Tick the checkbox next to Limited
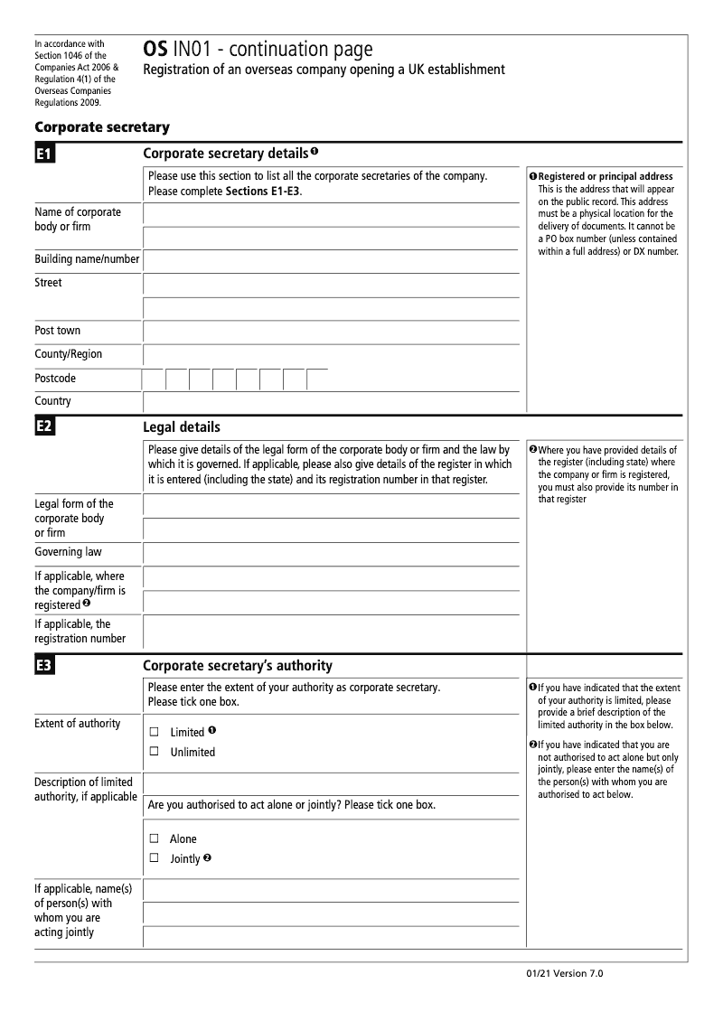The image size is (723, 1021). [154, 732]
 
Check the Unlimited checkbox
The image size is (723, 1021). [154, 752]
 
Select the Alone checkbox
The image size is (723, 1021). [154, 838]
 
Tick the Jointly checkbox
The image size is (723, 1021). [154, 858]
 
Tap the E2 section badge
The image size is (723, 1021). [44, 427]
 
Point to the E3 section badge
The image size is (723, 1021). [44, 666]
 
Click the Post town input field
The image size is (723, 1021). [331, 331]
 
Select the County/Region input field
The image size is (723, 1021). [331, 355]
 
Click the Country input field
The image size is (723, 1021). [331, 402]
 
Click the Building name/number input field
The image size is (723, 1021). [331, 260]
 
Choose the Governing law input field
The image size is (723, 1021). [331, 553]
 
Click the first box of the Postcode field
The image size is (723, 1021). [153, 379]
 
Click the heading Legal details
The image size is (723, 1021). [182, 427]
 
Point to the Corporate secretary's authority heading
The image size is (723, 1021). [238, 666]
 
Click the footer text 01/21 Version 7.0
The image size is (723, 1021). [563, 974]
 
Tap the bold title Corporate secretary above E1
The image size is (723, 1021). [101, 127]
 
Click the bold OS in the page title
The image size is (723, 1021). [155, 50]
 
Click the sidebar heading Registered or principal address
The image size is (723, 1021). [605, 176]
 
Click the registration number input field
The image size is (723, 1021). [331, 632]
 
